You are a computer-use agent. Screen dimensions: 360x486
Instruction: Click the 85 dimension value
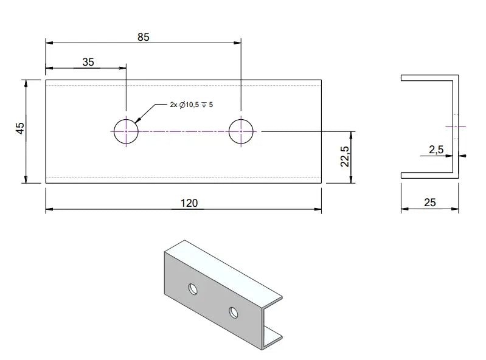click(x=143, y=37)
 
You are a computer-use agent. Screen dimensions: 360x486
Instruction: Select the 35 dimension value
click(x=88, y=61)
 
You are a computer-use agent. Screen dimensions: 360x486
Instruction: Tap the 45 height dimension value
click(x=20, y=129)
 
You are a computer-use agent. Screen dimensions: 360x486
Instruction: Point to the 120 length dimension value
click(x=189, y=203)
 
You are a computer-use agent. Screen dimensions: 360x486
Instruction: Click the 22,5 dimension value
click(x=344, y=157)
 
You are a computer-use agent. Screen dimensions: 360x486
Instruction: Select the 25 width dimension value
click(x=429, y=202)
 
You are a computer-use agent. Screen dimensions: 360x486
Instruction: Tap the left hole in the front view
click(x=125, y=131)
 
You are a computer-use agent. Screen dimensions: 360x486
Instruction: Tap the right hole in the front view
click(x=241, y=131)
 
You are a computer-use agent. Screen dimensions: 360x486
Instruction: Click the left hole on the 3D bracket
click(x=193, y=288)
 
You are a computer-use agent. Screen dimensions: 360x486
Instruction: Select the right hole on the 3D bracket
click(x=234, y=313)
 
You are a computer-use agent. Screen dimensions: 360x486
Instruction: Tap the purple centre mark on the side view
click(x=456, y=126)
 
